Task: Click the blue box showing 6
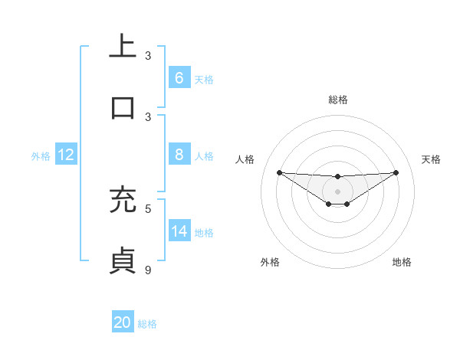coord(179,77)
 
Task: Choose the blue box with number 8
coord(179,155)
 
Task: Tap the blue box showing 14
coord(179,231)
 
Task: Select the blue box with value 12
coord(66,155)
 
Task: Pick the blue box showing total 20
coord(123,322)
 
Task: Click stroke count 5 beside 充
coord(149,208)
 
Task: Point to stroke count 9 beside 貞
coord(149,269)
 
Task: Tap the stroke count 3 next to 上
coord(149,56)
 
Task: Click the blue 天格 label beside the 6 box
coord(204,79)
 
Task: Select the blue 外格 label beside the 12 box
coord(41,156)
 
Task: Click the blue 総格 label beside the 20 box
coord(147,324)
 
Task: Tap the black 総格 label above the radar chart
coord(338,100)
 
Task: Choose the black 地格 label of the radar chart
coord(402,262)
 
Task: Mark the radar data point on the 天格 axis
coord(396,172)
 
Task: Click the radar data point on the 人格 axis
coord(279,172)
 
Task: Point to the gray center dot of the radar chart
coord(337,191)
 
